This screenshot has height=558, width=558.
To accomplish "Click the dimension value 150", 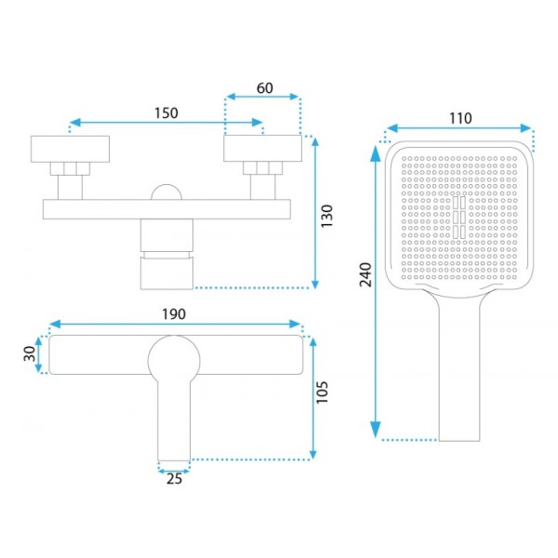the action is (166, 113).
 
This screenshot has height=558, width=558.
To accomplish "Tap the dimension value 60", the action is (265, 88).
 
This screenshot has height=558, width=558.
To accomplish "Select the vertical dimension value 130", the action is (326, 216).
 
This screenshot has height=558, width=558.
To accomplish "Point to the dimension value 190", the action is (174, 314).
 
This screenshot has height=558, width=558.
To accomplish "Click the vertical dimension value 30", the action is (30, 353).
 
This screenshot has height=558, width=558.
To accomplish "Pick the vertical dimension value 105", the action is (322, 392).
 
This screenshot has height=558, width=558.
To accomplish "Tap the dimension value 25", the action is (174, 479).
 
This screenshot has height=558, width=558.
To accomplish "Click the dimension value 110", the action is (460, 118).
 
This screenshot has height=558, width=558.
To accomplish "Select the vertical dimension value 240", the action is (365, 274).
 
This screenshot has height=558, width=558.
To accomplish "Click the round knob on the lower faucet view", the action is (174, 361).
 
